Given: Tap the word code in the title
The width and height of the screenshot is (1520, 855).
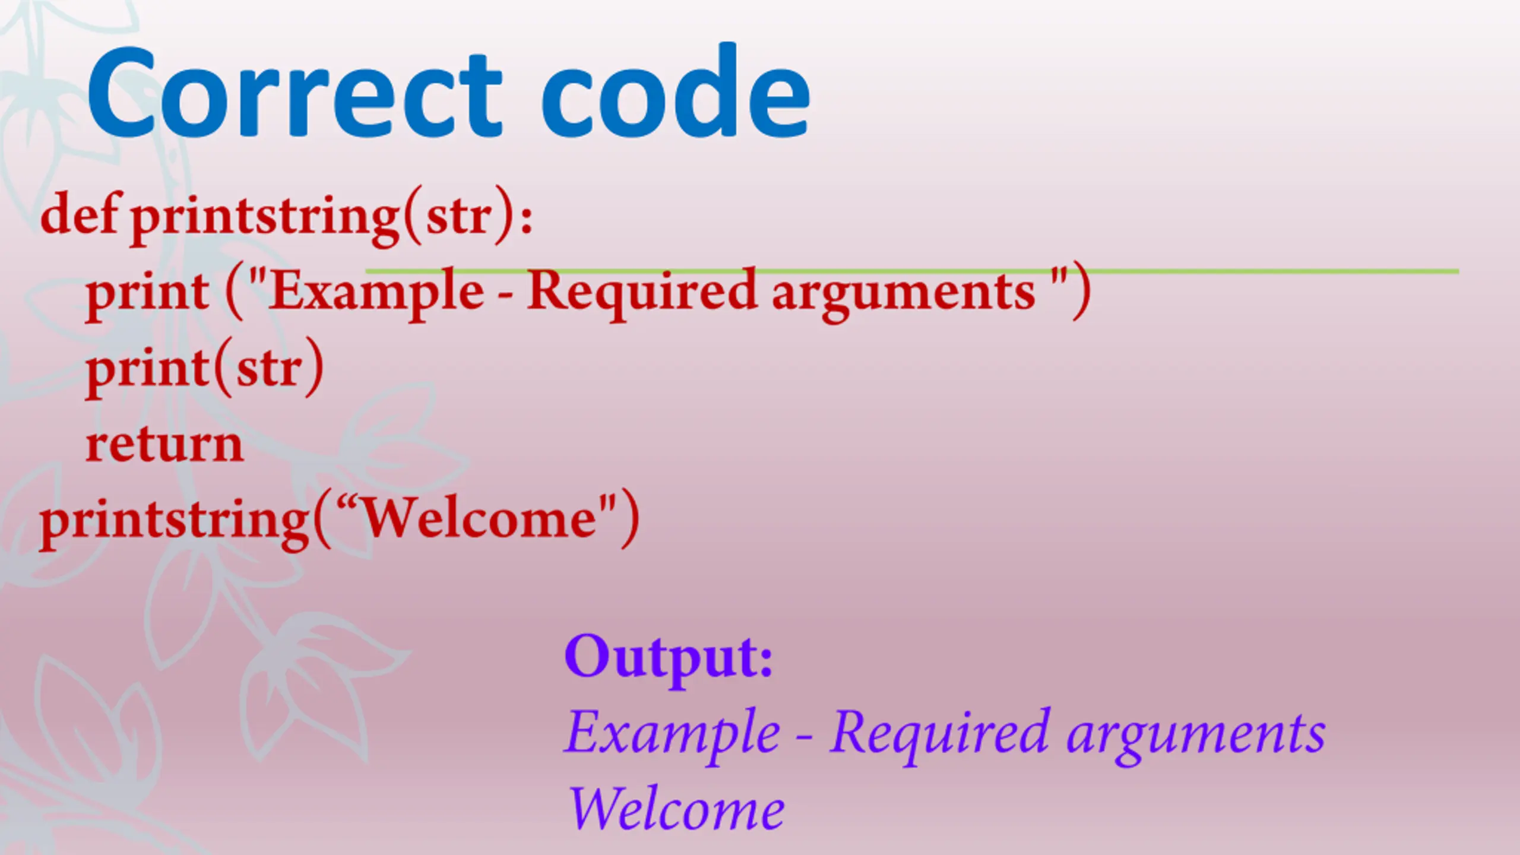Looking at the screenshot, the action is (x=676, y=91).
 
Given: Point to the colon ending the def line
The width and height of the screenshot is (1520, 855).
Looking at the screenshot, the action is (x=526, y=217).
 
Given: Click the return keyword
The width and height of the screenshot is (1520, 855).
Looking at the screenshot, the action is (x=164, y=445).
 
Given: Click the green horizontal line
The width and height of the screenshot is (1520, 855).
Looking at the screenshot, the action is (x=912, y=271).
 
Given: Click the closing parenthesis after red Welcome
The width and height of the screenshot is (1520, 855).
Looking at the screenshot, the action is (x=629, y=520).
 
